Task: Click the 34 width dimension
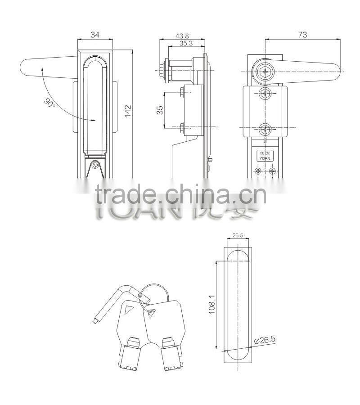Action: pyautogui.click(x=95, y=35)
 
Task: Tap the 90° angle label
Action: pyautogui.click(x=49, y=102)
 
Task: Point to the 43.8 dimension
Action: pyautogui.click(x=183, y=35)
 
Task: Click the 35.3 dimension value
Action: pyautogui.click(x=185, y=43)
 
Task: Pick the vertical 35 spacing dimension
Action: pyautogui.click(x=159, y=110)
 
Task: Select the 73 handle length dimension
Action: pyautogui.click(x=302, y=35)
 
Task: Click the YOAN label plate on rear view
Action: pyautogui.click(x=264, y=155)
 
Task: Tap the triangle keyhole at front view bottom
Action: pyautogui.click(x=95, y=165)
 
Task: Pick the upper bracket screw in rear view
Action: pyautogui.click(x=265, y=94)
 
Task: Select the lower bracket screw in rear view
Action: pyautogui.click(x=265, y=129)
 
